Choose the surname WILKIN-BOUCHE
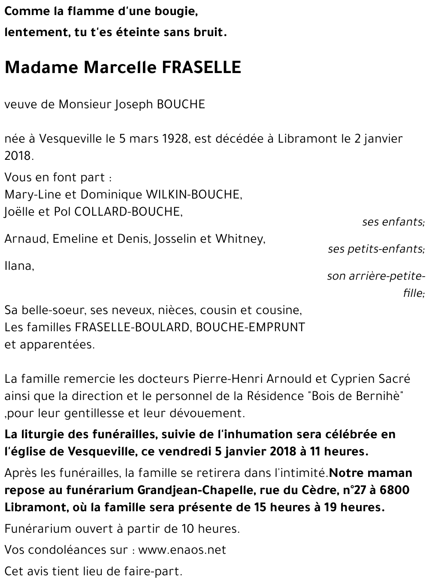click(x=194, y=195)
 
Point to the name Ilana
click(x=18, y=266)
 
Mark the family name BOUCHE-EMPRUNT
click(x=251, y=327)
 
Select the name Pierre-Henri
click(x=227, y=379)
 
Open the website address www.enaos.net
click(x=182, y=550)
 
